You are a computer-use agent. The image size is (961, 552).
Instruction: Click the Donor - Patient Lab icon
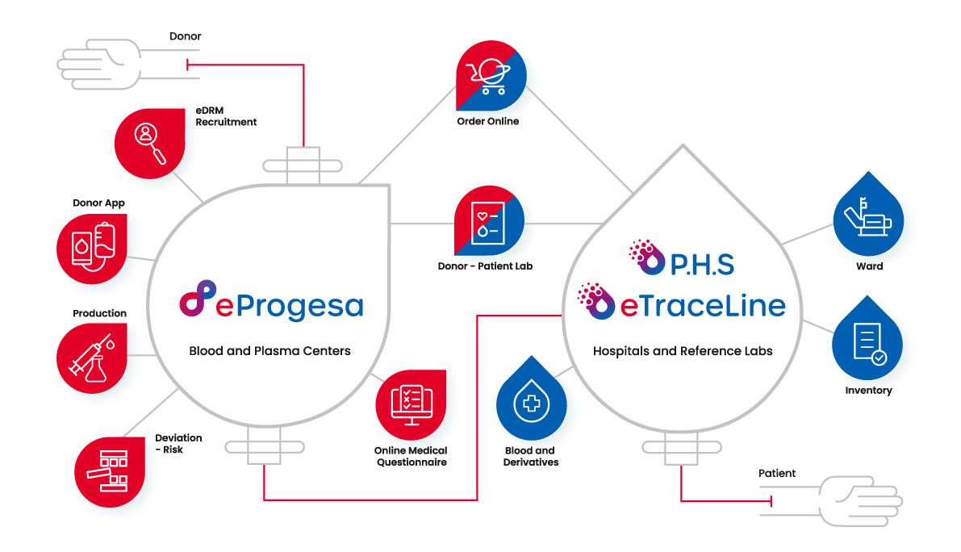(x=489, y=222)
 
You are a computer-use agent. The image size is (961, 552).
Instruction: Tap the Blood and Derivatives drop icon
(x=531, y=405)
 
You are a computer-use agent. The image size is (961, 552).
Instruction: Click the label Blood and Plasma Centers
(x=269, y=351)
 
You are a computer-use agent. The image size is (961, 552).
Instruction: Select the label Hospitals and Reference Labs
(x=683, y=351)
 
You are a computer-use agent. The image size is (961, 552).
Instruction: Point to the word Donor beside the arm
(x=185, y=36)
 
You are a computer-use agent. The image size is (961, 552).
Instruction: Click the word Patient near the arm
(x=777, y=473)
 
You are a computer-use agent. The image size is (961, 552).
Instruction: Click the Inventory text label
(x=868, y=391)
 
